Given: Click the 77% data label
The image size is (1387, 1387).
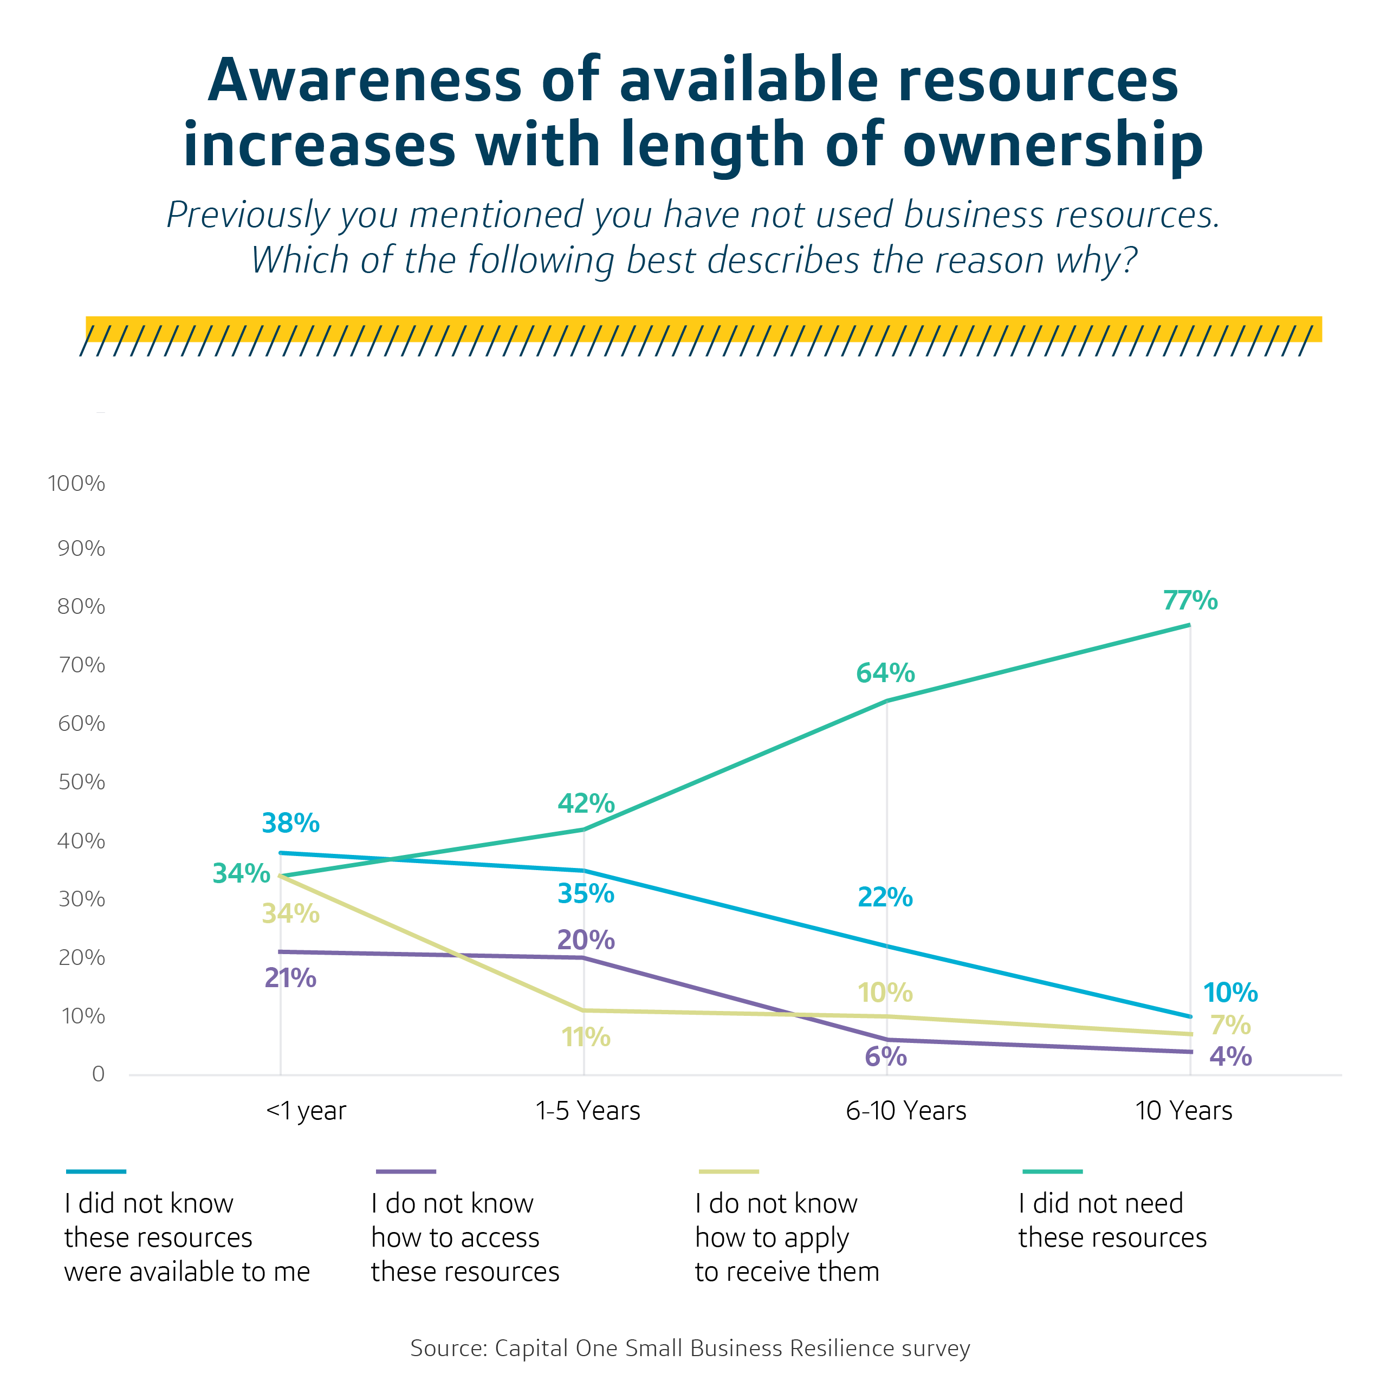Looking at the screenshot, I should point(1190,600).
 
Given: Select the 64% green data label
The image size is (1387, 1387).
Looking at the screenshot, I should point(885,673).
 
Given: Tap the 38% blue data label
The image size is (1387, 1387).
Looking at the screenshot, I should point(290,823).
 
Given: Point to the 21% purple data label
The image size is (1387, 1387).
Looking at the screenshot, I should point(290,978).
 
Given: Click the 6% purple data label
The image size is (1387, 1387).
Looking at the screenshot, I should point(885,1056).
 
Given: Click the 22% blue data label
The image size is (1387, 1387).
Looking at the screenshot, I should point(885,897).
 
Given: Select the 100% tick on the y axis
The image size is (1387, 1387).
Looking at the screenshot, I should point(76,483).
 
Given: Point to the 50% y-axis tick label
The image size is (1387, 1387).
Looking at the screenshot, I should point(81,782).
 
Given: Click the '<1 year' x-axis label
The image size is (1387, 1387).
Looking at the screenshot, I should point(306,1111).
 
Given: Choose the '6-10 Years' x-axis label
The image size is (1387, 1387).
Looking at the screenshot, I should point(906,1111).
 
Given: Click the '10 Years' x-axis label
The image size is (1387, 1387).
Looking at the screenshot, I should point(1184,1111).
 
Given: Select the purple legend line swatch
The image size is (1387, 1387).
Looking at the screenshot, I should point(406,1171).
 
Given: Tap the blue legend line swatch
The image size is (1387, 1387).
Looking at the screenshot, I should point(96,1171).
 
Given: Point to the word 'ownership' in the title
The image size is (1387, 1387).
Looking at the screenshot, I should point(1053,146).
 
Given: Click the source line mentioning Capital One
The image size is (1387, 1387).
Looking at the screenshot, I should point(690,1347).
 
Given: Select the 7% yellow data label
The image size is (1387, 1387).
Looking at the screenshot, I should point(1230,1025).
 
